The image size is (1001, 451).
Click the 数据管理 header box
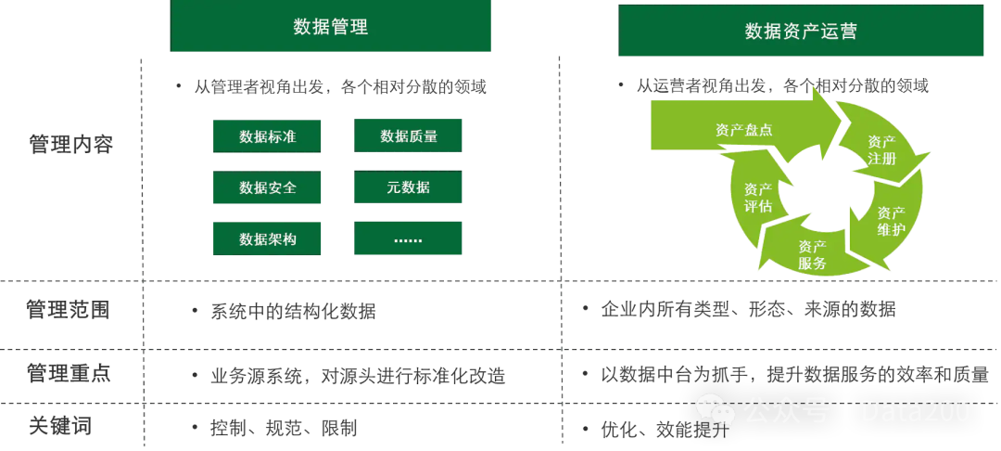tap(330, 27)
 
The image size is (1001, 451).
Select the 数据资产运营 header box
tap(801, 31)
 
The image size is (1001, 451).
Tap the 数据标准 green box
tap(268, 137)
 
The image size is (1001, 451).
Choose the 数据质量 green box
tap(408, 137)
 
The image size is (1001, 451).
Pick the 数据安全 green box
tap(268, 187)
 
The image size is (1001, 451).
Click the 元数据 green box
tap(408, 187)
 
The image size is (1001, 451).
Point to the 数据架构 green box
tap(268, 239)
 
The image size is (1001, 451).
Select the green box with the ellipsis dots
tap(408, 239)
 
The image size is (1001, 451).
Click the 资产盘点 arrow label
tap(743, 130)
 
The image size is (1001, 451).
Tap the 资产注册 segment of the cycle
tap(881, 150)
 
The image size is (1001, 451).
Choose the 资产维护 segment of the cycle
tap(892, 220)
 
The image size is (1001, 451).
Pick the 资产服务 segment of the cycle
tap(812, 254)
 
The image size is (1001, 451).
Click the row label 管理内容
tap(70, 145)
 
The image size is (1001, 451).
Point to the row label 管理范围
tap(68, 309)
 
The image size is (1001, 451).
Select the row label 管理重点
tap(68, 374)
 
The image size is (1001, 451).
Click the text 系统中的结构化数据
tap(293, 311)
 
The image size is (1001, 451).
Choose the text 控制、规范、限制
tap(284, 428)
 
